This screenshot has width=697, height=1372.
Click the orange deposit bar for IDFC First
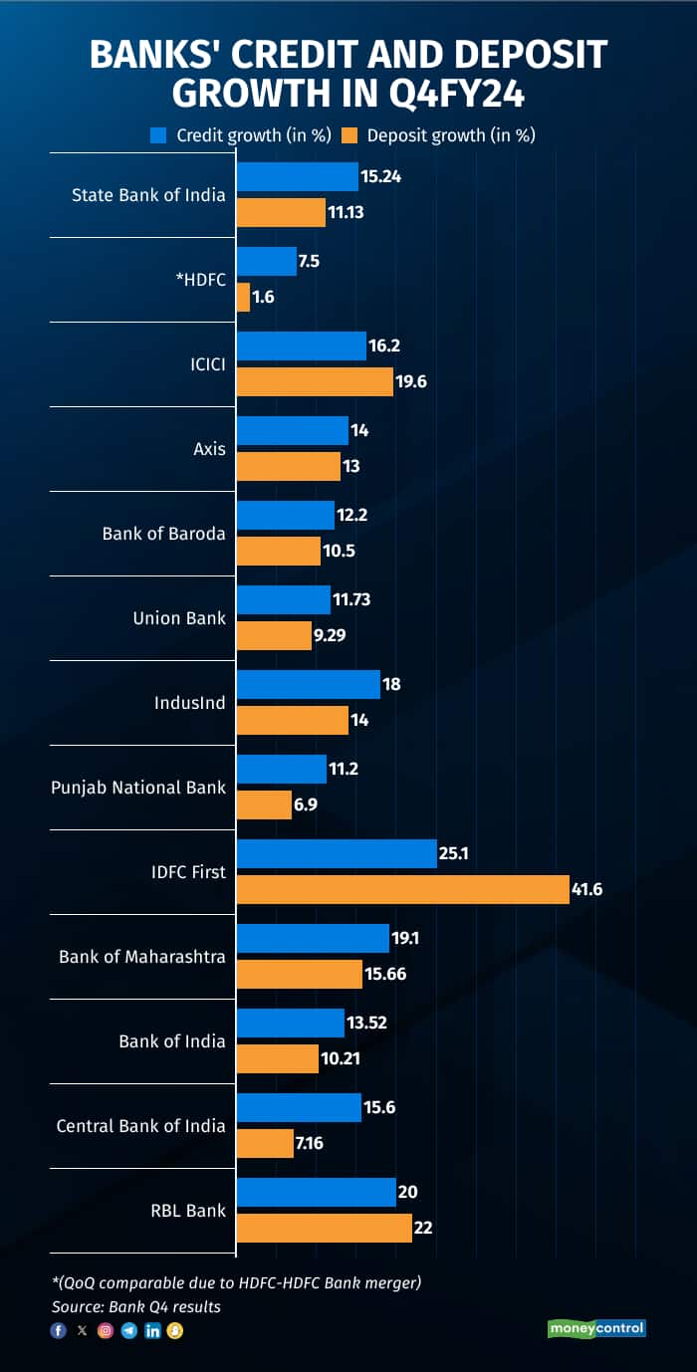coord(402,889)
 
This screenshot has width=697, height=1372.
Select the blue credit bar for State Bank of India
coord(297,176)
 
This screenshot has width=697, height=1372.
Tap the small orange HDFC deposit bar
coord(243,297)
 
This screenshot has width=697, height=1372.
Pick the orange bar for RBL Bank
coord(324,1228)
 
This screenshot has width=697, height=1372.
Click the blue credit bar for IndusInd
coord(308,684)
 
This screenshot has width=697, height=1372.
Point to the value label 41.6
coord(585,890)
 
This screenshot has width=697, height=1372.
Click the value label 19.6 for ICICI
coord(412,382)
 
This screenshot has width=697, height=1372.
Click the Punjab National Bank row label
coord(138,788)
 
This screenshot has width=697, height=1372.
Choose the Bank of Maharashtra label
coord(142,957)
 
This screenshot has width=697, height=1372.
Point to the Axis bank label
coord(209,449)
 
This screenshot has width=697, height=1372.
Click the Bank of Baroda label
coord(163,534)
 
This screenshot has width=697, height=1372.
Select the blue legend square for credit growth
coord(158,134)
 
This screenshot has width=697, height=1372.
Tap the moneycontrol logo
coord(597,1328)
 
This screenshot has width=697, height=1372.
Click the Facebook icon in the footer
coord(59,1330)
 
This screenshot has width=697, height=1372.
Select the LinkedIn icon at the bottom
coord(152,1330)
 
